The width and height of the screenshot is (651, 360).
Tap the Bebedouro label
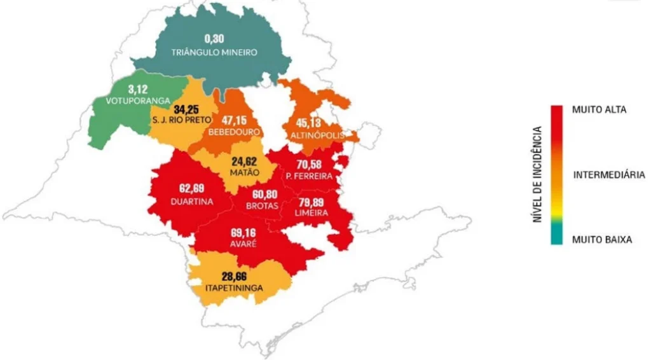tap(235, 131)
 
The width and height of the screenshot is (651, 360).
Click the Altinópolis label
tap(317, 135)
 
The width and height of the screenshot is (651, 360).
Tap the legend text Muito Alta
tap(599, 109)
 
